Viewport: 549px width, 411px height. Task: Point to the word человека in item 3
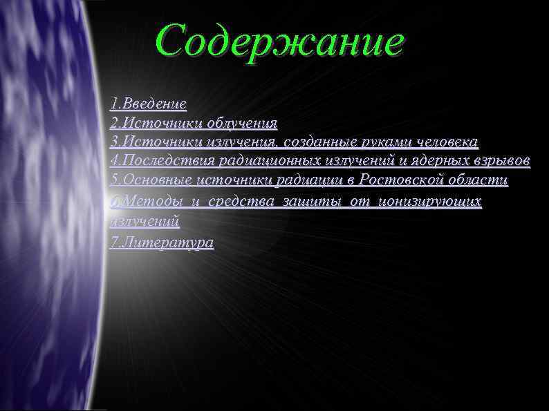coord(447,142)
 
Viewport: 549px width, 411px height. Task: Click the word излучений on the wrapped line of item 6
coord(145,222)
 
